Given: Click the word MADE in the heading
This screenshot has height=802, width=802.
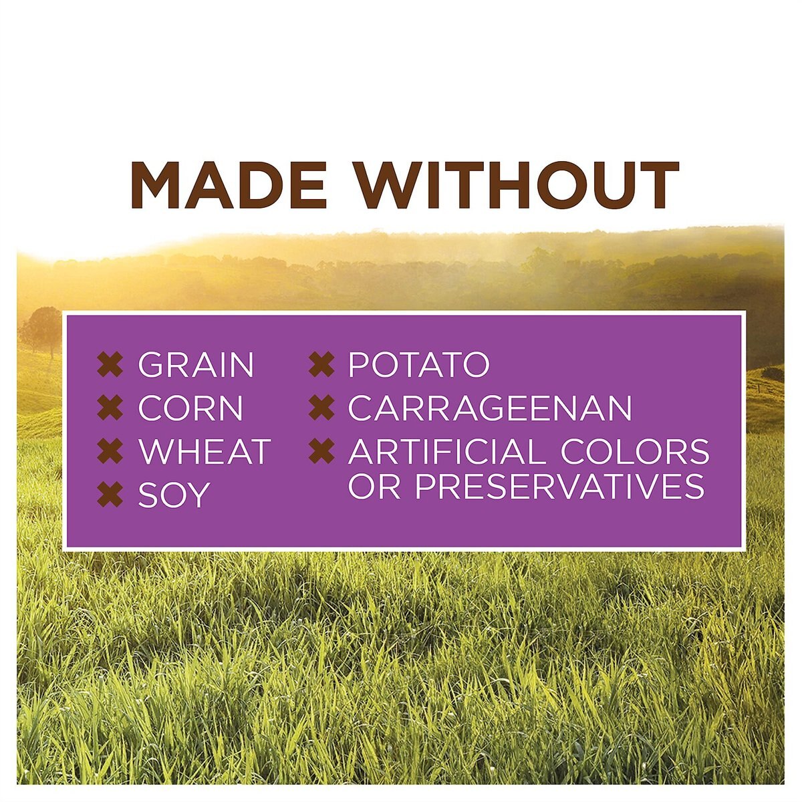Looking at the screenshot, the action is click(228, 184).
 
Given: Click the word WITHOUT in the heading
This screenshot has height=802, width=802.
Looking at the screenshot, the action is click(517, 184).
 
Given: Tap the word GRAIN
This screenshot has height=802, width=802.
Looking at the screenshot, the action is click(196, 365).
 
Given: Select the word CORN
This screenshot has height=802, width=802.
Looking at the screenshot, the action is click(190, 408).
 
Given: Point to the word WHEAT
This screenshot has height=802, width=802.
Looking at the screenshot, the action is click(205, 451).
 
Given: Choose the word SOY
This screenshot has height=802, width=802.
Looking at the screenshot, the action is click(174, 495).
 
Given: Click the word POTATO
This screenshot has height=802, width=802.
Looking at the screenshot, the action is click(418, 365).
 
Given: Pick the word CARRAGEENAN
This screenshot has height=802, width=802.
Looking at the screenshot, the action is click(490, 408).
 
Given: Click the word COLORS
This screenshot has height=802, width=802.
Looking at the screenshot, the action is click(635, 451).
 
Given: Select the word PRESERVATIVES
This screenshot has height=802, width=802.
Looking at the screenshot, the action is click(559, 486).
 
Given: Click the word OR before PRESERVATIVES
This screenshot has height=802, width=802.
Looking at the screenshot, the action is click(374, 486).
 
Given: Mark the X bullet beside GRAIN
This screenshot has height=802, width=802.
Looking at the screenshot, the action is click(110, 365).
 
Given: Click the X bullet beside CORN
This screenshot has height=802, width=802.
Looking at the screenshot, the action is click(110, 408).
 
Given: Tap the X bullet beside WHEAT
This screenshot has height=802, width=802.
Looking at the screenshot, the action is click(110, 451).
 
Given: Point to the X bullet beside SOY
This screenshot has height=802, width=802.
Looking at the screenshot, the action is click(110, 495).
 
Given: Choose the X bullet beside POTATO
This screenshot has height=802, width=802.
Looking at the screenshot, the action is click(321, 365).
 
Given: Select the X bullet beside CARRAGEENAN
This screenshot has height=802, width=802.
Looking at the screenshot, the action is click(321, 408).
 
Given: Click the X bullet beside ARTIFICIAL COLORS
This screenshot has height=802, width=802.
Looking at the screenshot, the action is click(321, 451).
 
